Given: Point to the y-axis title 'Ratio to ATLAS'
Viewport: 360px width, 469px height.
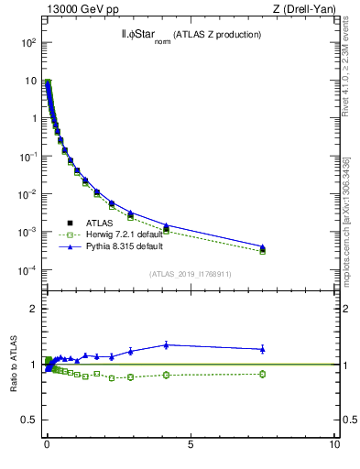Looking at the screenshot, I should tap(14, 363).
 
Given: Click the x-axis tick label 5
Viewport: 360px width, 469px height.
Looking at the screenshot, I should tap(190, 444).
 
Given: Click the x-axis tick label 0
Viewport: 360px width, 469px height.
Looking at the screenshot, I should tap(47, 444).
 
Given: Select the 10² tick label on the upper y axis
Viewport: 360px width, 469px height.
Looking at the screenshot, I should tap(28, 42).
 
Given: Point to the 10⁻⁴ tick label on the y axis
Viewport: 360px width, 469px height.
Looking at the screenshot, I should tap(28, 270).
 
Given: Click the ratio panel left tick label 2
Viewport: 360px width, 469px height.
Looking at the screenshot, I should tap(33, 309).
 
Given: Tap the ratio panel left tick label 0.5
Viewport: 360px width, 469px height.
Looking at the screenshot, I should tap(29, 420).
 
